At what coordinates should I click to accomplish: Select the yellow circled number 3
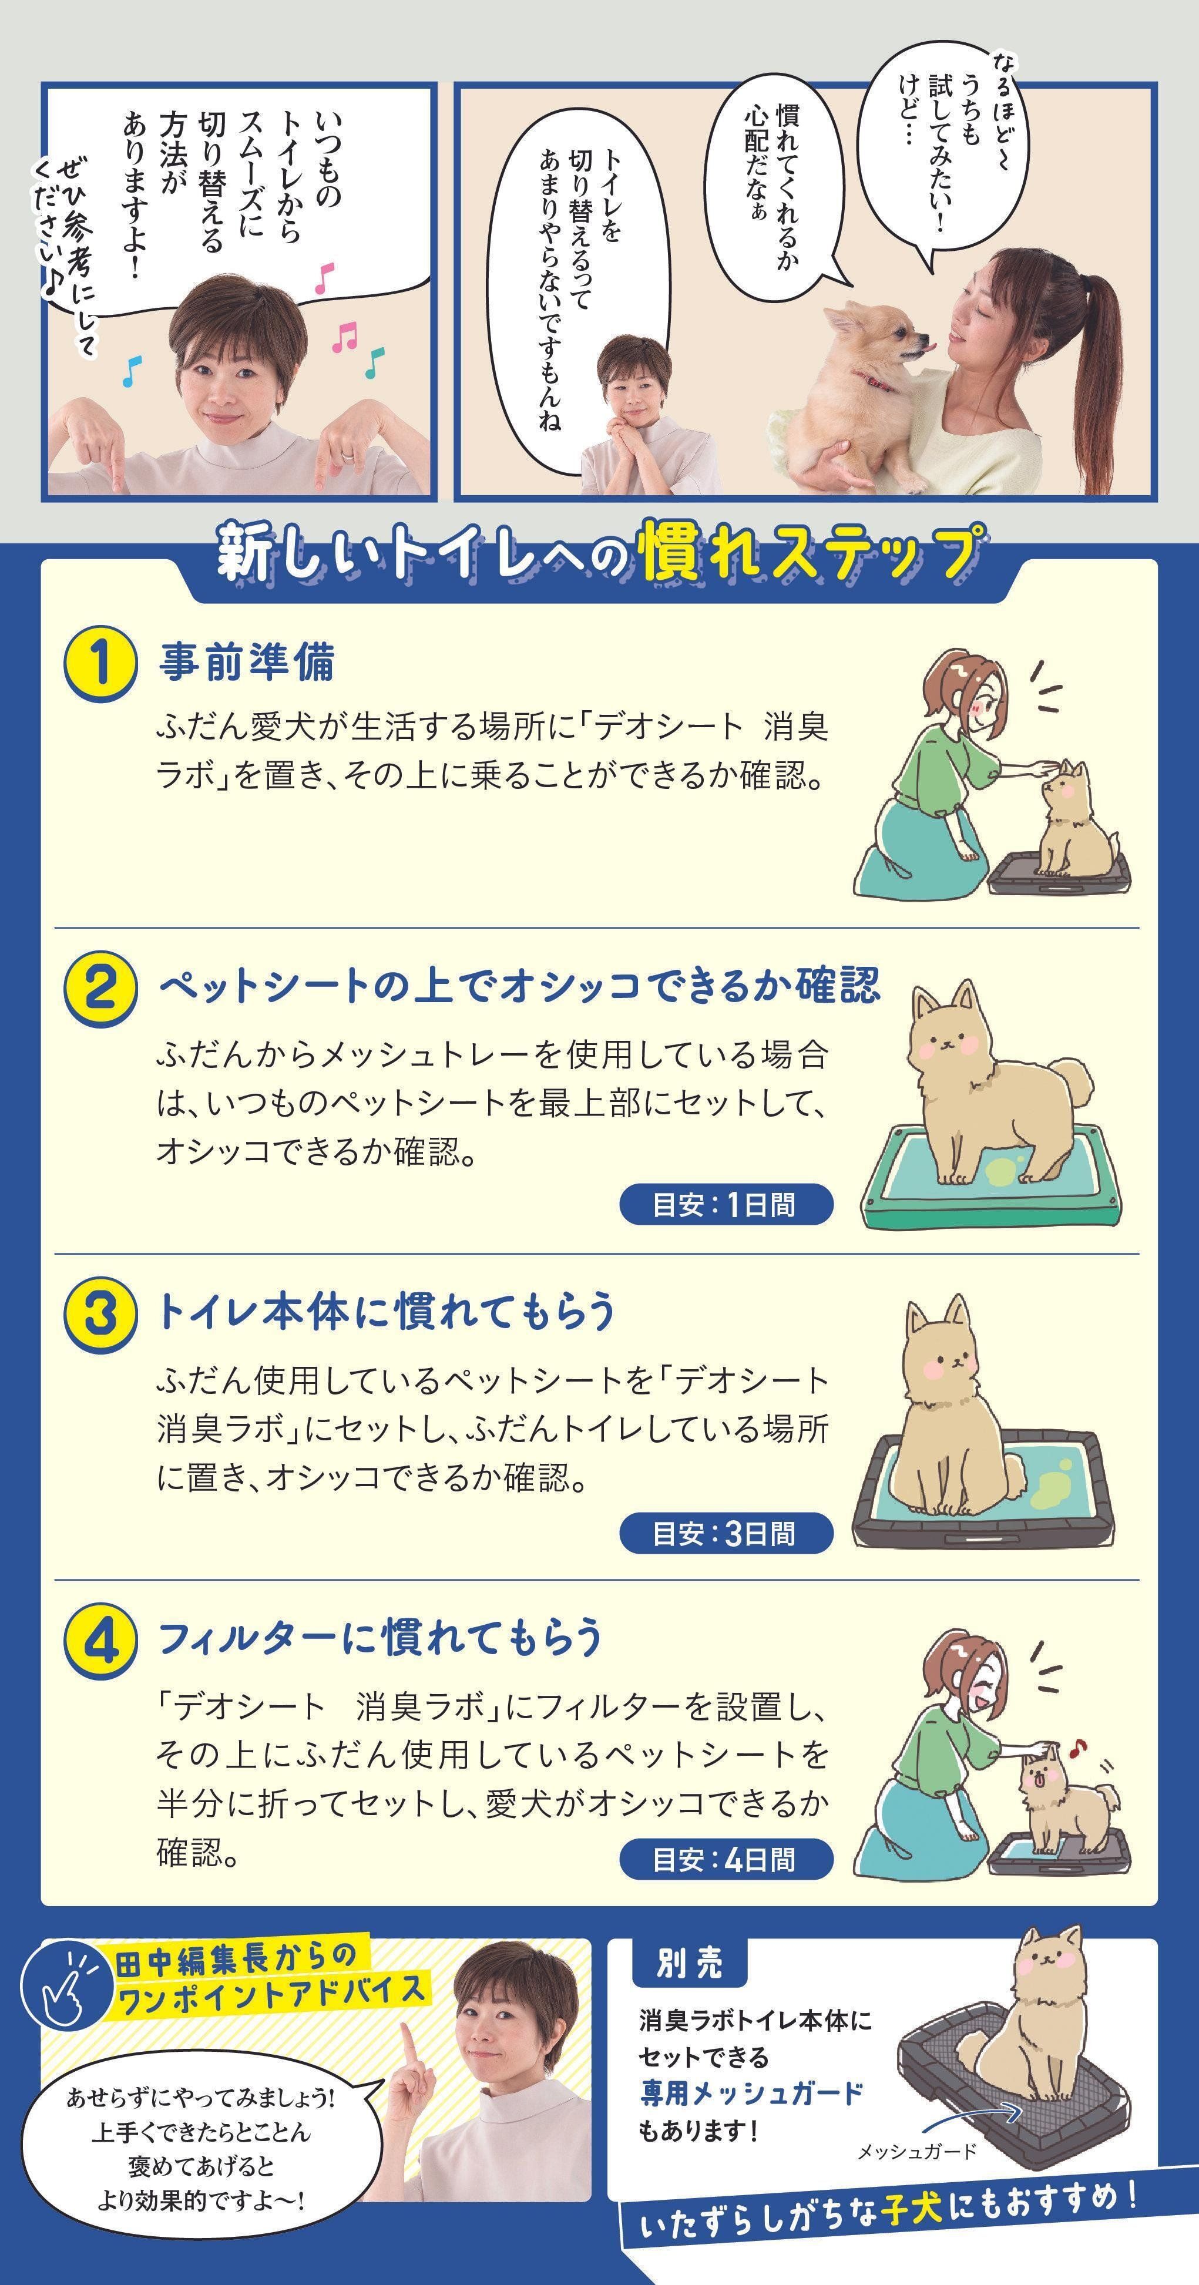(100, 1313)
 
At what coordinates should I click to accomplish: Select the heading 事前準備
(247, 663)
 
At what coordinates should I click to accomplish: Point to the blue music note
(131, 371)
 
